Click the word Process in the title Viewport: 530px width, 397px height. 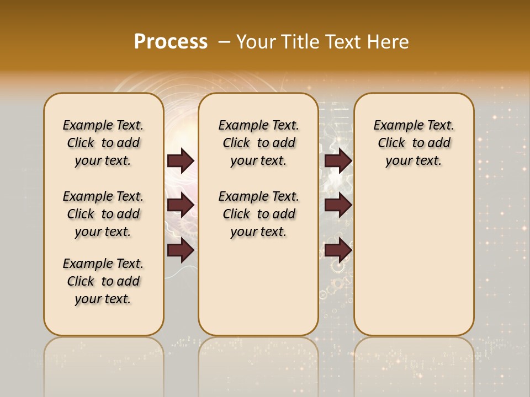(x=171, y=42)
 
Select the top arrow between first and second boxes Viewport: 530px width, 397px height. (x=181, y=161)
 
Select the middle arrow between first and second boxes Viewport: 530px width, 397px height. (x=181, y=206)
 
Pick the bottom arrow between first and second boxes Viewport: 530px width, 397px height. (x=181, y=250)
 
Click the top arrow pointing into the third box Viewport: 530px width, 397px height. (x=338, y=161)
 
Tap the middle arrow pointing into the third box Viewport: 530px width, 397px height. (x=338, y=206)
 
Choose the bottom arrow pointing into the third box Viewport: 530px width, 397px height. (x=338, y=250)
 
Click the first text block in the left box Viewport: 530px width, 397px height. (x=103, y=143)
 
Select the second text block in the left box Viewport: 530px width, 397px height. (x=103, y=214)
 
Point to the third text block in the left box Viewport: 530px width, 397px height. (x=103, y=281)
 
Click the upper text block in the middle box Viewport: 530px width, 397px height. (x=258, y=143)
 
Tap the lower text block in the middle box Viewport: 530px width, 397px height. (x=258, y=214)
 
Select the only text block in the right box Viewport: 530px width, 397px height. (x=414, y=143)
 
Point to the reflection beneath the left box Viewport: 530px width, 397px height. (x=103, y=358)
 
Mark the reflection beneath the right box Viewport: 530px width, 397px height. (x=414, y=358)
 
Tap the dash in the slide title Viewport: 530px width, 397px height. (x=224, y=42)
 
